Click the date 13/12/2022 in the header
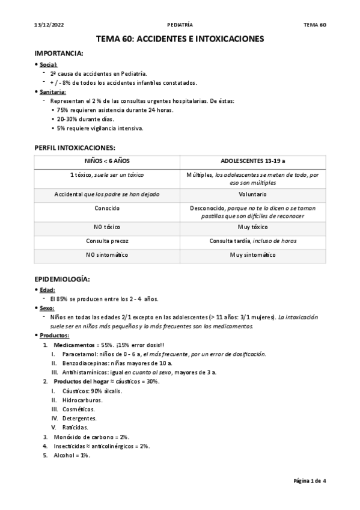coord(47,25)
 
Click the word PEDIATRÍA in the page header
coord(180,25)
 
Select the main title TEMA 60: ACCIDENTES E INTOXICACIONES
coord(180,39)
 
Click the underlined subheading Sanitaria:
coord(53,91)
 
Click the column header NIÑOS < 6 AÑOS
coord(99,162)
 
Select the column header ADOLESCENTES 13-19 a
coord(252,162)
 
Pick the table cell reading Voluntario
coord(252,195)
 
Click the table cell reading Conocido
coord(99,207)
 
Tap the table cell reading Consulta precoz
coord(99,241)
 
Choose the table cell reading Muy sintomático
coord(252,255)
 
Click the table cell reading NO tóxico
coord(99,227)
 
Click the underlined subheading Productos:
coord(54,335)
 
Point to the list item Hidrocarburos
coord(82,400)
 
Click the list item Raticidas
coord(76,427)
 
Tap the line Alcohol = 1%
coord(72,455)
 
